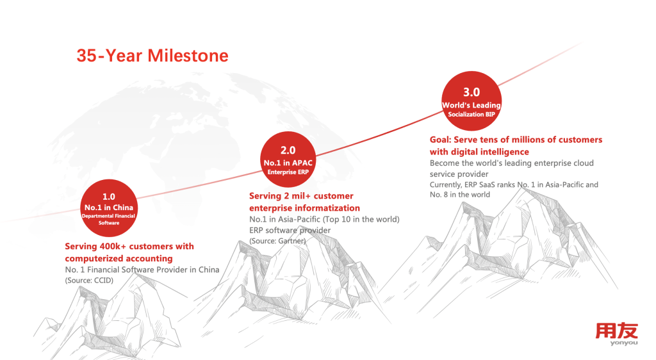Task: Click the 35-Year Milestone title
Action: click(152, 56)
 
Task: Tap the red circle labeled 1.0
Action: click(109, 208)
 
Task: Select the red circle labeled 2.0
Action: click(288, 160)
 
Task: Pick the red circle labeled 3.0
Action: click(471, 101)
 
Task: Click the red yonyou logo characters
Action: click(617, 331)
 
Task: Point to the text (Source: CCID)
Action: click(89, 280)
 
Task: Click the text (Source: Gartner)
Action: click(277, 241)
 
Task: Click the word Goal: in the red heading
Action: click(440, 140)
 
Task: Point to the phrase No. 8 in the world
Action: click(460, 195)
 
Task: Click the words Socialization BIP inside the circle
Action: click(471, 114)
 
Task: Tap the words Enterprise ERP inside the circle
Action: click(288, 172)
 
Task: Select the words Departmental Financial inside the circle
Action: click(108, 216)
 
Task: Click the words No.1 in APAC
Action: click(288, 163)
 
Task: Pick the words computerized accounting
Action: click(119, 258)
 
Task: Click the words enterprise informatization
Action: click(304, 208)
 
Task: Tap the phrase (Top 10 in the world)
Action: click(361, 219)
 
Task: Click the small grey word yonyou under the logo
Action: click(624, 343)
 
